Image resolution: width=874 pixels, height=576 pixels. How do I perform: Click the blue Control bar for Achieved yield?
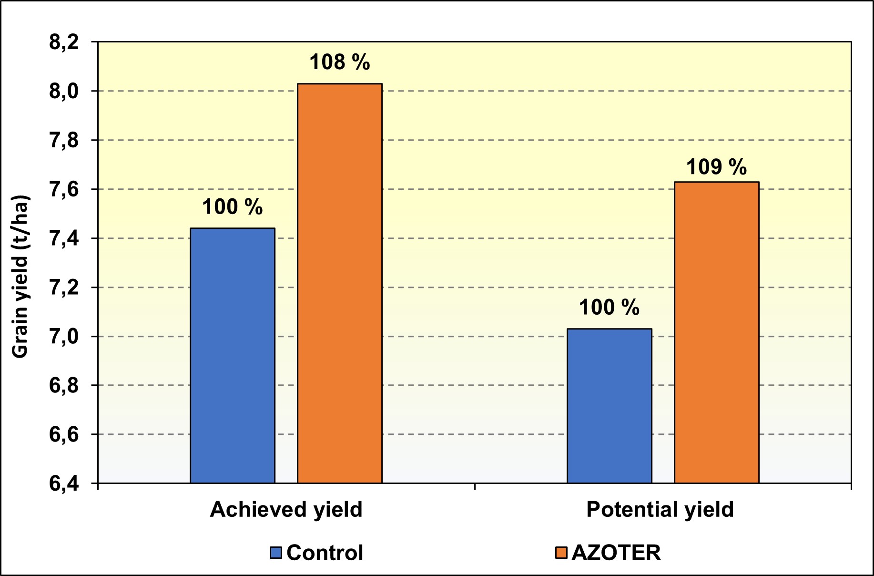(233, 355)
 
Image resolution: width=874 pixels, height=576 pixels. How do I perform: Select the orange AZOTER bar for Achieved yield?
(340, 283)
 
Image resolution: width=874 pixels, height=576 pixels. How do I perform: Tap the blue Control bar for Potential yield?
(610, 406)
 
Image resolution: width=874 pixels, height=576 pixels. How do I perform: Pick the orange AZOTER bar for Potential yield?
(717, 332)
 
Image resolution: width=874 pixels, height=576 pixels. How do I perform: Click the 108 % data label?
(340, 62)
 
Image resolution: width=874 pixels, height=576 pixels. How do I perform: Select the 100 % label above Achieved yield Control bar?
(233, 207)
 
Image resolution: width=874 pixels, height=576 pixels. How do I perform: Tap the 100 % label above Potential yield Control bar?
(609, 308)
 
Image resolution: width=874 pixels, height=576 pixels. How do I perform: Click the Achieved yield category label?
(286, 510)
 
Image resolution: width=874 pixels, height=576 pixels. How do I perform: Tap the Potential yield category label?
(660, 510)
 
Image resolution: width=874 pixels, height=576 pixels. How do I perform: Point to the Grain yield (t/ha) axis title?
(20, 277)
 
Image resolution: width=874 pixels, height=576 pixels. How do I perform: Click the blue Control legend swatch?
(276, 553)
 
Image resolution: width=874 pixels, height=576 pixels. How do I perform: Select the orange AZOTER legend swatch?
(561, 553)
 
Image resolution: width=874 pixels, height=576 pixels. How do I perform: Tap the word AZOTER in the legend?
(616, 553)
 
